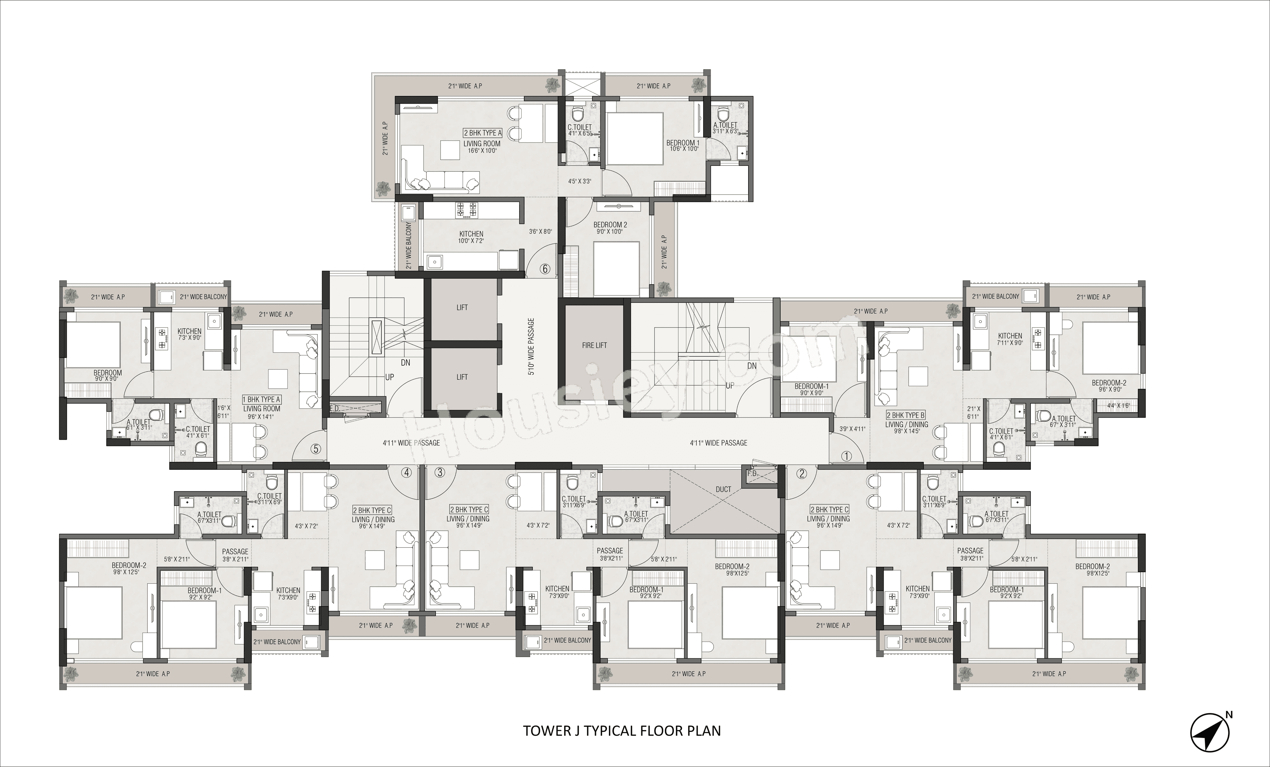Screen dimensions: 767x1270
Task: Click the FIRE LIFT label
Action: (x=594, y=345)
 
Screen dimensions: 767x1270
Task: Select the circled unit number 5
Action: (x=316, y=449)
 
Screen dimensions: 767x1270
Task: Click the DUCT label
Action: (x=723, y=489)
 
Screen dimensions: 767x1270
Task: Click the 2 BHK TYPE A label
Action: (x=483, y=133)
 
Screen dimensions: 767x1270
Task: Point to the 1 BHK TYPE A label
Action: (x=261, y=399)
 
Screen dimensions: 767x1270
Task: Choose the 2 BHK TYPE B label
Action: (x=906, y=415)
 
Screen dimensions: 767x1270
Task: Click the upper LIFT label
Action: (x=462, y=307)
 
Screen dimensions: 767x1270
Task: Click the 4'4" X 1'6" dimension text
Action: (x=1114, y=405)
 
